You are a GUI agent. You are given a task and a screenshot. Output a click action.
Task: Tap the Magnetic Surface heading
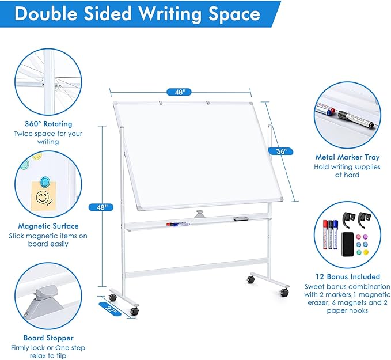tap(48, 226)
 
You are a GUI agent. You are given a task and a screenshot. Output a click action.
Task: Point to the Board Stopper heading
tap(48, 338)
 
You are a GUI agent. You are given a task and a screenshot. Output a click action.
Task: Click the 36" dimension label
tap(281, 151)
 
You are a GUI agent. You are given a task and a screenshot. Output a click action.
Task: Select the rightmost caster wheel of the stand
tap(284, 293)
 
